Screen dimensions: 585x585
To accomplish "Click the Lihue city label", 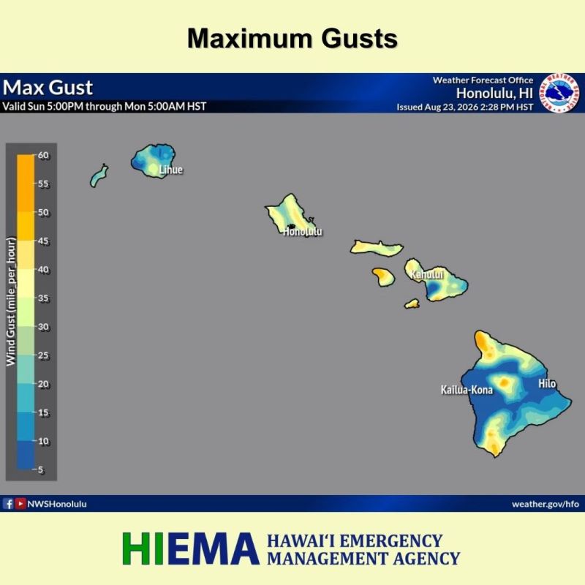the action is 171,170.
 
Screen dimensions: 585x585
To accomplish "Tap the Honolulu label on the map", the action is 303,232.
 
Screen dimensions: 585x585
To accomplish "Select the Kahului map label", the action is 427,275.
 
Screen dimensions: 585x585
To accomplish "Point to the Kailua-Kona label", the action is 467,390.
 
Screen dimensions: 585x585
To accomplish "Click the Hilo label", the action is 547,383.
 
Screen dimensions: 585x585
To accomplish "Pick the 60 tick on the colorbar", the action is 43,155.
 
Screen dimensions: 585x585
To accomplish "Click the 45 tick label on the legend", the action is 43,241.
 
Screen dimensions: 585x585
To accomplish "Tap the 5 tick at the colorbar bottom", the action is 41,469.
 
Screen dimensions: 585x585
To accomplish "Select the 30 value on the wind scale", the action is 43,327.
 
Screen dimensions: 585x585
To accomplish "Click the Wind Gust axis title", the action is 11,301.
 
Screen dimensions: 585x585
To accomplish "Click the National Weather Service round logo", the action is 559,93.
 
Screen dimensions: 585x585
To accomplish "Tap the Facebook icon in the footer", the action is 8,504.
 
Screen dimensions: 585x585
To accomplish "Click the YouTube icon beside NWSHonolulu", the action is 20,504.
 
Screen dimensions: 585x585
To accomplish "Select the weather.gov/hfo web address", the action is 546,504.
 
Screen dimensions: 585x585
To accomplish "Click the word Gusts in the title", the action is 359,39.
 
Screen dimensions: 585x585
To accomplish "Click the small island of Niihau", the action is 99,175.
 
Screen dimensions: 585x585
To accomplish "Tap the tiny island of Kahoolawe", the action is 412,303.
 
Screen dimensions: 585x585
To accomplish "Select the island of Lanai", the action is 383,277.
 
